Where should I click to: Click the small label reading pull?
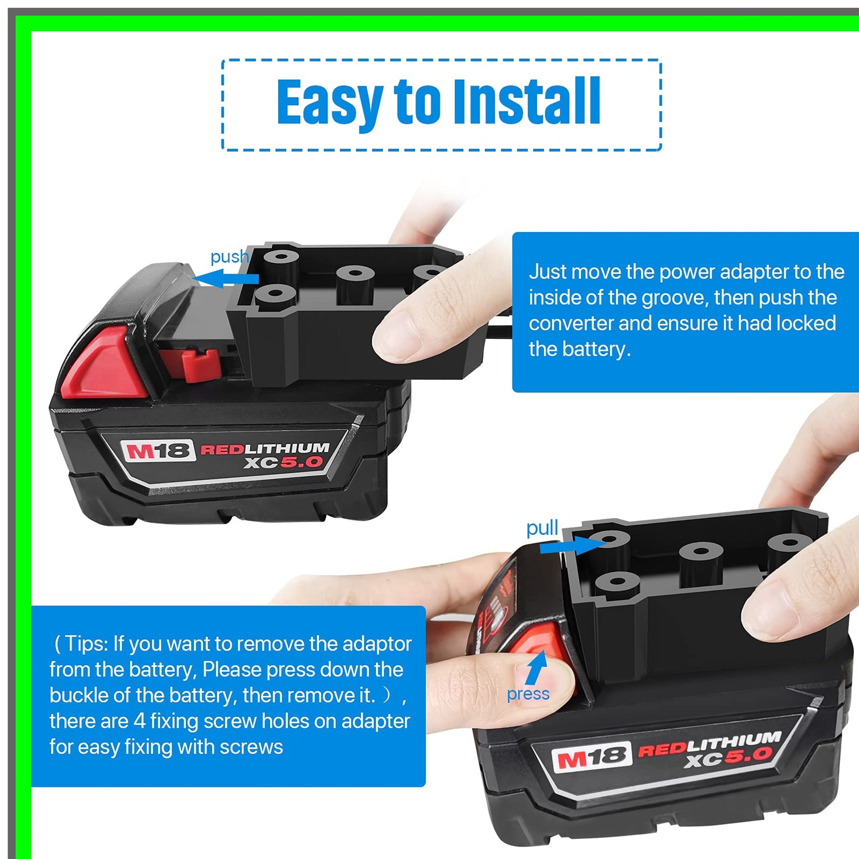click(x=542, y=529)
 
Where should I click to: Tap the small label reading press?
click(x=528, y=694)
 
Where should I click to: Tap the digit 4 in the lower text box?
click(x=139, y=721)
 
